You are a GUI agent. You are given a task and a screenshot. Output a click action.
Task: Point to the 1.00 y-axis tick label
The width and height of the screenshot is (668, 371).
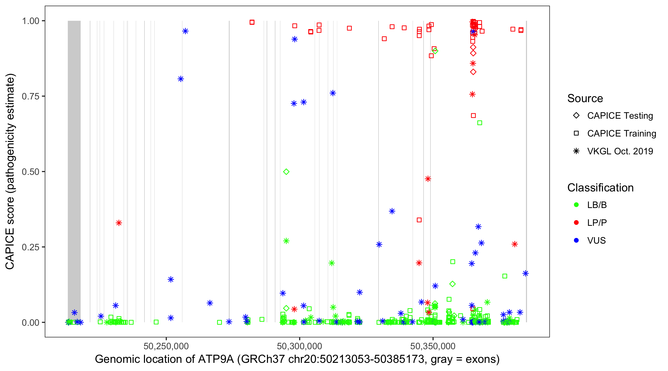30,21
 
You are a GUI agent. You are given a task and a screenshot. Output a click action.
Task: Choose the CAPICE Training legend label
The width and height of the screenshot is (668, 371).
621,133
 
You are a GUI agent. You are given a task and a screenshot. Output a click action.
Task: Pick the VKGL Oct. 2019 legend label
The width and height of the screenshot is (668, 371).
620,151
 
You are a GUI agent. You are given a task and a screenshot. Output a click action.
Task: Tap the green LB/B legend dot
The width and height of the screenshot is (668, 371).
576,205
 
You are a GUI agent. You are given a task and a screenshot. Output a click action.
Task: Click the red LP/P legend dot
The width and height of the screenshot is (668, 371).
576,223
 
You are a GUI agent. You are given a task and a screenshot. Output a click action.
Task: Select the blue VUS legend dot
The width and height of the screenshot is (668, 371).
576,240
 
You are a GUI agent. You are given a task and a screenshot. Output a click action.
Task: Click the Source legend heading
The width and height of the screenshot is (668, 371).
585,98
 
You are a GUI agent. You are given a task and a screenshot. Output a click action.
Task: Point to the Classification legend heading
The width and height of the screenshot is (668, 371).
600,188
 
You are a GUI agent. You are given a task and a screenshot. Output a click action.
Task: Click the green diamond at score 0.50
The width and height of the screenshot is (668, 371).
286,172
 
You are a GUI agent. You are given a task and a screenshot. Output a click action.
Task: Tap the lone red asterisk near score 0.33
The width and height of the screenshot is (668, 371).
119,223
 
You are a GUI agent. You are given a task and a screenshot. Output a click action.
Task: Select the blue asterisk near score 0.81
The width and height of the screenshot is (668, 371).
181,79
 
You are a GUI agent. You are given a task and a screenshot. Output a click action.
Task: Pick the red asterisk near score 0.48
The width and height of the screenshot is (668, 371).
428,179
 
